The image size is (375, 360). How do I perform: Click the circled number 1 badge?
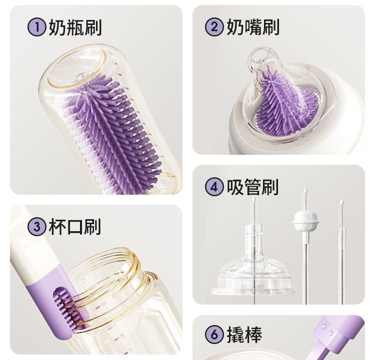click(x=36, y=27)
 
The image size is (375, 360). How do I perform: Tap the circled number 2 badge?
click(x=214, y=27)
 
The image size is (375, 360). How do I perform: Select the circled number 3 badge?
click(x=36, y=226)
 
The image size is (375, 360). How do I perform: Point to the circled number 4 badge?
click(x=214, y=187)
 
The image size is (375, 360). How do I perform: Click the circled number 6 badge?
click(x=214, y=334)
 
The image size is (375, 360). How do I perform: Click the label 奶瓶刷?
click(x=75, y=27)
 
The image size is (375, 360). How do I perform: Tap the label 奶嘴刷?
click(x=253, y=27)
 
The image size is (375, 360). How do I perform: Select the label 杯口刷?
click(x=74, y=227)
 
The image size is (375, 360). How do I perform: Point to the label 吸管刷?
click(x=252, y=187)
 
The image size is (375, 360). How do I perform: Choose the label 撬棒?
click(x=244, y=334)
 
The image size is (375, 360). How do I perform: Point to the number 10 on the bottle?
click(x=103, y=304)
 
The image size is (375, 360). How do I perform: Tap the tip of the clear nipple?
click(x=260, y=54)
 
